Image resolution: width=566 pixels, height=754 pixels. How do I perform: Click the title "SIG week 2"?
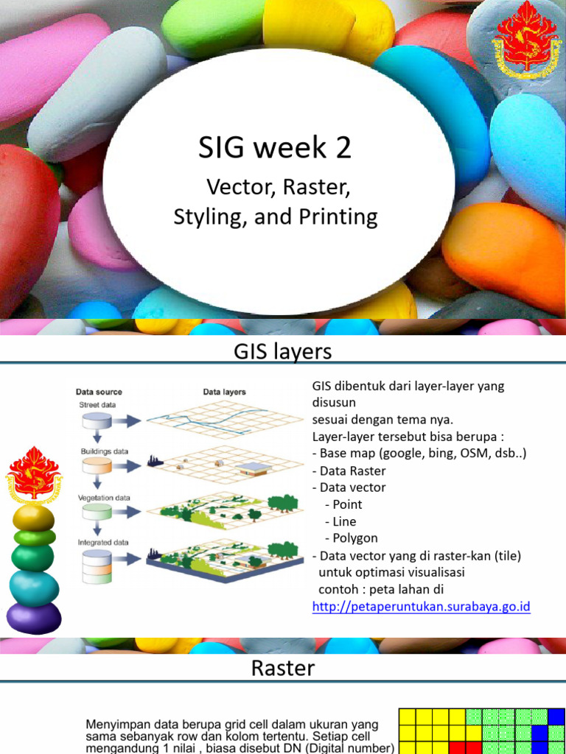pos(274,148)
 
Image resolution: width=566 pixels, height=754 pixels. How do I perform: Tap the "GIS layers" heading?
pos(282,352)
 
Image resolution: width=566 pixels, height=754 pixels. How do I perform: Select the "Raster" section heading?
pos(282,668)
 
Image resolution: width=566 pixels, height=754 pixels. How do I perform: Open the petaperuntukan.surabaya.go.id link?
pos(422,607)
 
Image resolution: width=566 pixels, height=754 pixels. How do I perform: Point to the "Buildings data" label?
pos(104,451)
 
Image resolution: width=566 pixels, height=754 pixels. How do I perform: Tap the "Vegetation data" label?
pos(104,498)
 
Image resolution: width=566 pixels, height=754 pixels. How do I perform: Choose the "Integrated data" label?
pos(103,543)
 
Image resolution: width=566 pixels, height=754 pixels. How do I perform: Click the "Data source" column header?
pos(99,392)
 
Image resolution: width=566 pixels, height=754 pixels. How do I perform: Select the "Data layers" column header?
pos(224,392)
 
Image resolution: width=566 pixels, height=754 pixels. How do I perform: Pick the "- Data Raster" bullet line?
pos(349,471)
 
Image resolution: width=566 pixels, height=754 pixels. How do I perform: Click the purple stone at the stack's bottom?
pos(33,618)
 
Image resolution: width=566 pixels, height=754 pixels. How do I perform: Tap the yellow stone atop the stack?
pos(33,518)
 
